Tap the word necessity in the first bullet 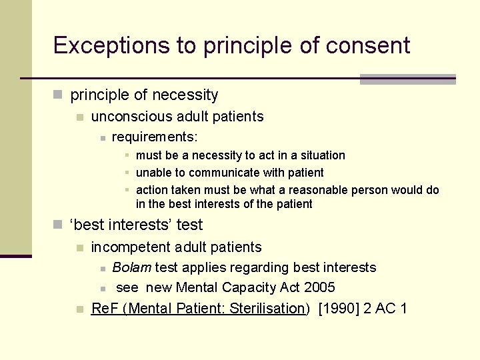pos(186,95)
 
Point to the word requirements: pos(155,137)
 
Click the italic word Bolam pos(132,267)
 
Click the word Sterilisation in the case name pos(267,308)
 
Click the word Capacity pos(251,287)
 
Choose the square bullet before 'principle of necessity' pos(59,96)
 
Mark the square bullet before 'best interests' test pos(59,225)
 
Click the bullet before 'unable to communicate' pos(127,173)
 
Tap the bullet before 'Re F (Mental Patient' pos(80,309)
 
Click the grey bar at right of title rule pos(407,79)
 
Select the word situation pos(321,155)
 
